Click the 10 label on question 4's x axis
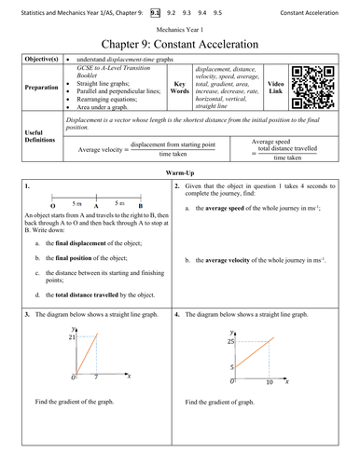pyautogui.click(x=269, y=382)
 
